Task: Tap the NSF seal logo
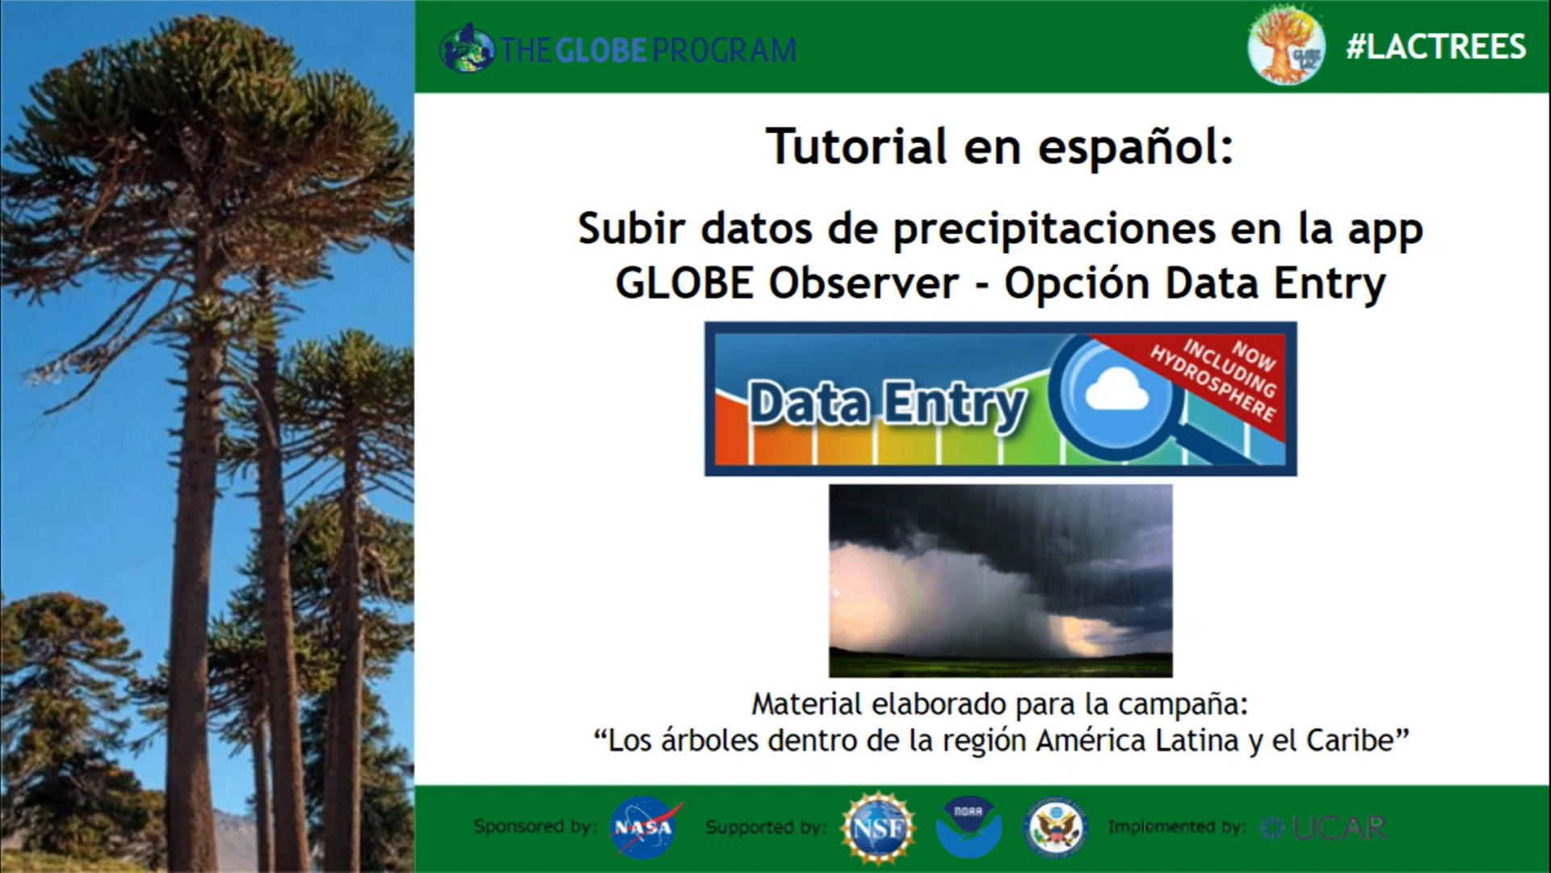tap(877, 827)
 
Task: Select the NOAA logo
tap(969, 828)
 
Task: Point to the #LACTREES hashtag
tap(1435, 47)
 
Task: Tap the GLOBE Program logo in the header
tap(618, 49)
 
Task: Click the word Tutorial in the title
tap(857, 146)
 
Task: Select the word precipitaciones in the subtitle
tap(1054, 230)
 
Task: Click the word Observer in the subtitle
tap(864, 283)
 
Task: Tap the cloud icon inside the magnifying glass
tap(1117, 392)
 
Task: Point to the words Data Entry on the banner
tap(887, 404)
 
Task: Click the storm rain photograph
tap(1000, 580)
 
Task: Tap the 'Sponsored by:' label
tap(535, 826)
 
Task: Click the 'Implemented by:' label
tap(1176, 827)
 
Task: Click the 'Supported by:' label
tap(766, 827)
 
